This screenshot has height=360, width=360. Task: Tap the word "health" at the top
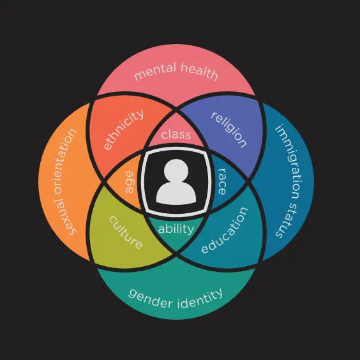(199, 71)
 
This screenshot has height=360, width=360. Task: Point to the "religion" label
(229, 130)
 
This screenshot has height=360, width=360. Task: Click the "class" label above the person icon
(176, 134)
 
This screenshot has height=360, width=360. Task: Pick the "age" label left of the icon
(129, 182)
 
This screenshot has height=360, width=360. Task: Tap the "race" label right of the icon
(221, 182)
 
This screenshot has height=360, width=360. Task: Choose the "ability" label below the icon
(176, 229)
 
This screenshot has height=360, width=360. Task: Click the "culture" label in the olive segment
(126, 232)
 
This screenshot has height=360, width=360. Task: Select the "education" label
(225, 230)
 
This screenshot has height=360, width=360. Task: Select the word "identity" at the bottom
(200, 298)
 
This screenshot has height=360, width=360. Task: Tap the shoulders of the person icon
(176, 193)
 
